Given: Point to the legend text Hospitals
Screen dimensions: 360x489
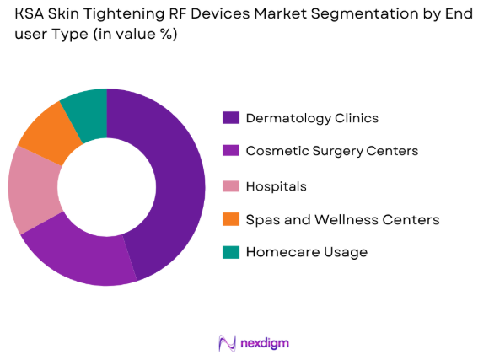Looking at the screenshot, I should [276, 185].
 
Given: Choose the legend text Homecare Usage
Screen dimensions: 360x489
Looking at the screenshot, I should [306, 252].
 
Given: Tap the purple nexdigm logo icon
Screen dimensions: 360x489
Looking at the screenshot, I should [226, 342].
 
